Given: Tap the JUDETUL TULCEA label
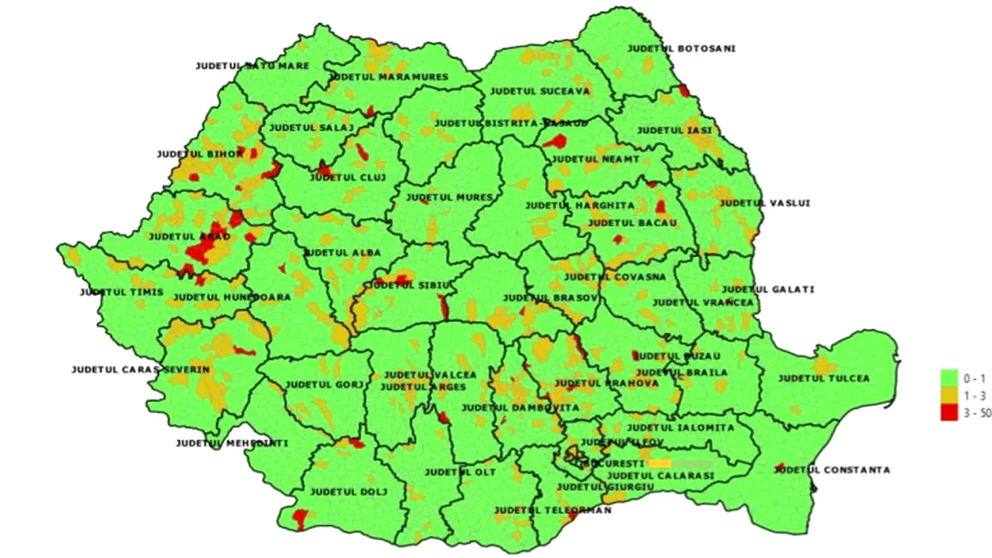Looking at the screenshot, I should pyautogui.click(x=824, y=378).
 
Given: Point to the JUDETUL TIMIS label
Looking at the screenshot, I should pyautogui.click(x=122, y=292).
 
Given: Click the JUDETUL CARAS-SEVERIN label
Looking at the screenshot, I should pyautogui.click(x=140, y=370).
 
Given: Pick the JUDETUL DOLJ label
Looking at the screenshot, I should pyautogui.click(x=348, y=491).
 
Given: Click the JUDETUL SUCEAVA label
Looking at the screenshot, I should pyautogui.click(x=540, y=91).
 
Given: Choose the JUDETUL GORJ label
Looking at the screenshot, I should pyautogui.click(x=324, y=384).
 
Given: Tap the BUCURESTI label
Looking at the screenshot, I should pyautogui.click(x=614, y=463).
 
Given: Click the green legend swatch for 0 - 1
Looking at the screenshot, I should pyautogui.click(x=949, y=378).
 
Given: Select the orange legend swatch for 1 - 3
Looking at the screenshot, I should pyautogui.click(x=949, y=396).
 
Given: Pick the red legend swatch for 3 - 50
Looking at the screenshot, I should pyautogui.click(x=949, y=413).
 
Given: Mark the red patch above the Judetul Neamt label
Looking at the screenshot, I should pyautogui.click(x=556, y=141).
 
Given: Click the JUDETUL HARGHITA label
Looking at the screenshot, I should pyautogui.click(x=569, y=205).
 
